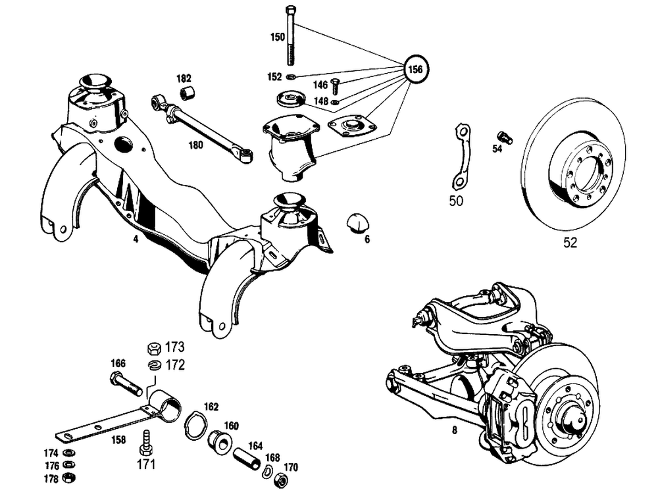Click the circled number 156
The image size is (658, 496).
[416, 68]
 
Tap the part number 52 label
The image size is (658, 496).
[570, 243]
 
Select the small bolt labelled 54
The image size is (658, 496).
[505, 137]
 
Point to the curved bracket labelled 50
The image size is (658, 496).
[460, 158]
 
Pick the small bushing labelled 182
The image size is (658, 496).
[188, 93]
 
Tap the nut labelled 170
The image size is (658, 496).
[279, 481]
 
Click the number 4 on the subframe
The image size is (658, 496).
[136, 239]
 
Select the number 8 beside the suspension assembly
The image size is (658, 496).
[453, 432]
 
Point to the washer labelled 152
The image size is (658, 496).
[291, 77]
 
